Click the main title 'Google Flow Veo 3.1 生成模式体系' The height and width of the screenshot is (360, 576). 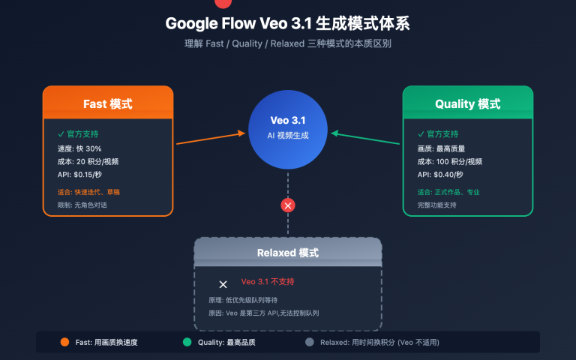[288, 23]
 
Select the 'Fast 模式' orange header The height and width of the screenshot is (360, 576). [107, 103]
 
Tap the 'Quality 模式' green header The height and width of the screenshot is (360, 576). [467, 103]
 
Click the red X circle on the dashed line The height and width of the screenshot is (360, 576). [288, 205]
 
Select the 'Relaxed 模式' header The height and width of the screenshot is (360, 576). [287, 253]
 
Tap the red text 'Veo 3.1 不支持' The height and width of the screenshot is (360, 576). [268, 282]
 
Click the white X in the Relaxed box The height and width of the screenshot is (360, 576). [223, 284]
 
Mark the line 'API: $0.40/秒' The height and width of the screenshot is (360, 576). [440, 174]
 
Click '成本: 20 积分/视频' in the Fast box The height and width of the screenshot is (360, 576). [88, 161]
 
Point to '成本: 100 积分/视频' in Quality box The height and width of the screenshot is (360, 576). [449, 161]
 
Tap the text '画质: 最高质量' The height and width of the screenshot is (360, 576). [443, 148]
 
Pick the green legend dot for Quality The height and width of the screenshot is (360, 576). [187, 343]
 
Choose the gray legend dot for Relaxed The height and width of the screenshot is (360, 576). [309, 343]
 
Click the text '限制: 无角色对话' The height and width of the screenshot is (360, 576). [83, 205]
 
